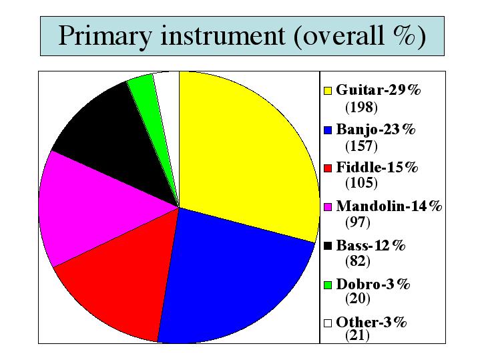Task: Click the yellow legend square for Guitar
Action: click(x=328, y=91)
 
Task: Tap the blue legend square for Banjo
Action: click(x=328, y=130)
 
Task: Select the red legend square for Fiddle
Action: click(x=328, y=168)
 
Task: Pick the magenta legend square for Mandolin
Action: click(x=328, y=207)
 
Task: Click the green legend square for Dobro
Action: click(x=328, y=285)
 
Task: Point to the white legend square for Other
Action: click(x=328, y=323)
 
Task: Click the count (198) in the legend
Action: click(x=361, y=108)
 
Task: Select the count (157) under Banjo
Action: click(x=361, y=146)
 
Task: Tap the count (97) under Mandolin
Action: click(x=358, y=222)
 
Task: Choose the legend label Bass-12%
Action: click(x=371, y=245)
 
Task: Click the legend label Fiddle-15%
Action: click(x=377, y=167)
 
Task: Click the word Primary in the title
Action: click(x=105, y=36)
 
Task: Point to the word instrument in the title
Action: click(x=223, y=35)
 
